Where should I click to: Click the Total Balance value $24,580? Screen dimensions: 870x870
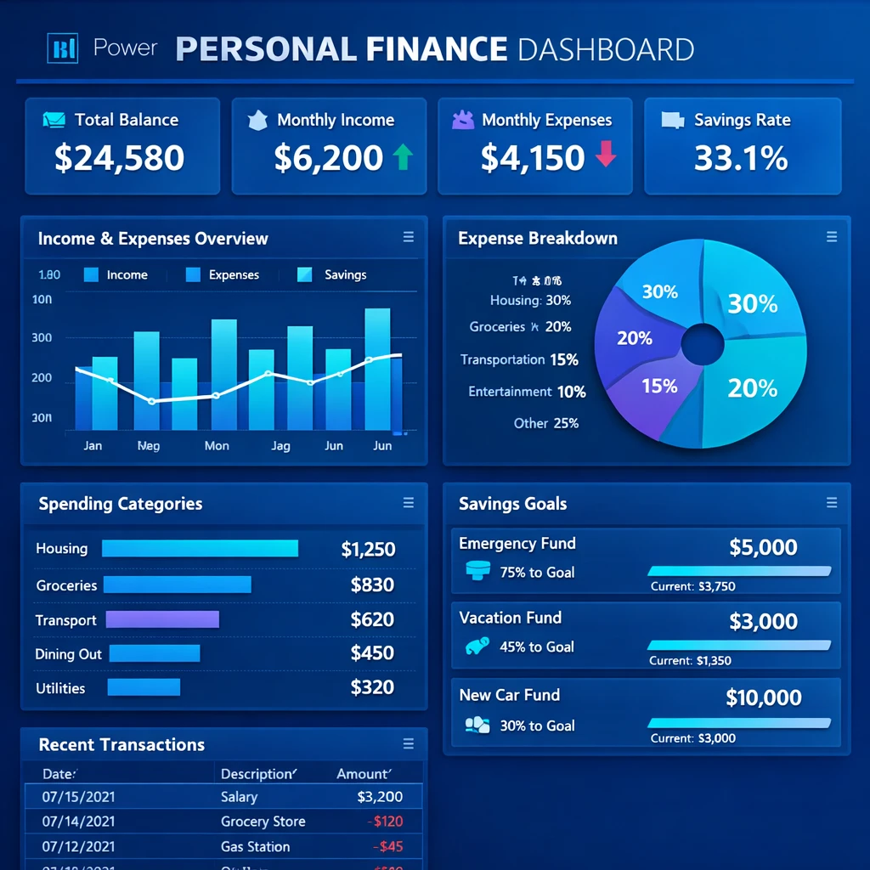tap(119, 158)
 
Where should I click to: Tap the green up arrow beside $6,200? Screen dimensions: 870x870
tap(403, 157)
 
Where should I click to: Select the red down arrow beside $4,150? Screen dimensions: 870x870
tap(605, 155)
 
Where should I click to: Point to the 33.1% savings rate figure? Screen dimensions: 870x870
tap(741, 158)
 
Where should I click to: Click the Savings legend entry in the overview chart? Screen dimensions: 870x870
tap(333, 275)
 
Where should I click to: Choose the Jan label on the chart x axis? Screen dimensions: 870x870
tap(93, 445)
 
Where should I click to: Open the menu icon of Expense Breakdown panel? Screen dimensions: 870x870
tap(832, 238)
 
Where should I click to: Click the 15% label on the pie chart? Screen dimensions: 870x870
tap(659, 387)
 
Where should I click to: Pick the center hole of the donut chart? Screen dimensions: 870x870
tap(703, 345)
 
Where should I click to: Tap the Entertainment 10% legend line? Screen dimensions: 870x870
tap(527, 392)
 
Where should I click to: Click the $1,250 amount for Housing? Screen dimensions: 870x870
tap(368, 549)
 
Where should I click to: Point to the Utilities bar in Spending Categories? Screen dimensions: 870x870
tap(144, 687)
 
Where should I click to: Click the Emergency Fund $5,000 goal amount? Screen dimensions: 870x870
tap(763, 548)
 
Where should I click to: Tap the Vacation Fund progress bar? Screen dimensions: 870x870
tap(739, 646)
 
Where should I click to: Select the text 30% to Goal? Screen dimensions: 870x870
tap(537, 726)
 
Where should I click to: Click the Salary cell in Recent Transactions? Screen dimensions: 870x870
tap(239, 797)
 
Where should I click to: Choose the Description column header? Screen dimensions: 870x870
tap(258, 774)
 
